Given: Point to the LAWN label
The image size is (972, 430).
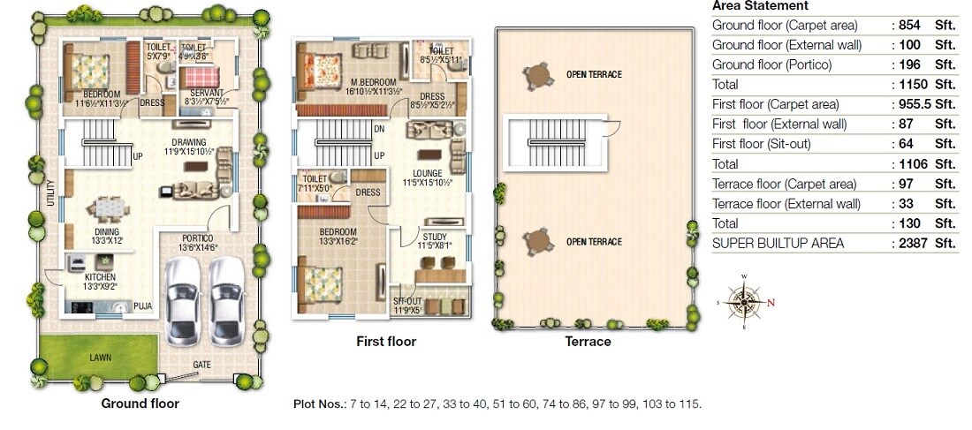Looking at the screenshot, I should tap(99, 358).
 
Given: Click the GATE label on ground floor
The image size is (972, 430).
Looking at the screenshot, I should tap(203, 364).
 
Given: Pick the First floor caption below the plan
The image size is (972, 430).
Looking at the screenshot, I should tap(385, 341).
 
